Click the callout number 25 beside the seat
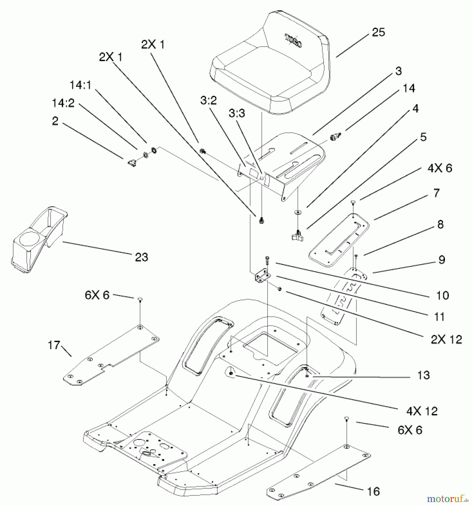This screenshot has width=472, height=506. point(378,32)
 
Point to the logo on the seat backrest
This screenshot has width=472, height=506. point(294,41)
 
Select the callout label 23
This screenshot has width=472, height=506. point(141,257)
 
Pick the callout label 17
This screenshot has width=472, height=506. point(54,345)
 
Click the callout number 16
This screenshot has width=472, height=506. point(373,491)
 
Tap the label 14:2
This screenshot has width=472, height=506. point(63,103)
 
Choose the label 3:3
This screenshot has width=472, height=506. point(237,113)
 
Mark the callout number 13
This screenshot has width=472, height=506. point(423,375)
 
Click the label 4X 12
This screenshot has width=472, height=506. point(422,411)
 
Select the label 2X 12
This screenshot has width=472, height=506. point(446,340)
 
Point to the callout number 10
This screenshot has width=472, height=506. point(442,295)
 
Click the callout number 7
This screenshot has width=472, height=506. point(436,193)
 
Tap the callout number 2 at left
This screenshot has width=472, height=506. point(55,121)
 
